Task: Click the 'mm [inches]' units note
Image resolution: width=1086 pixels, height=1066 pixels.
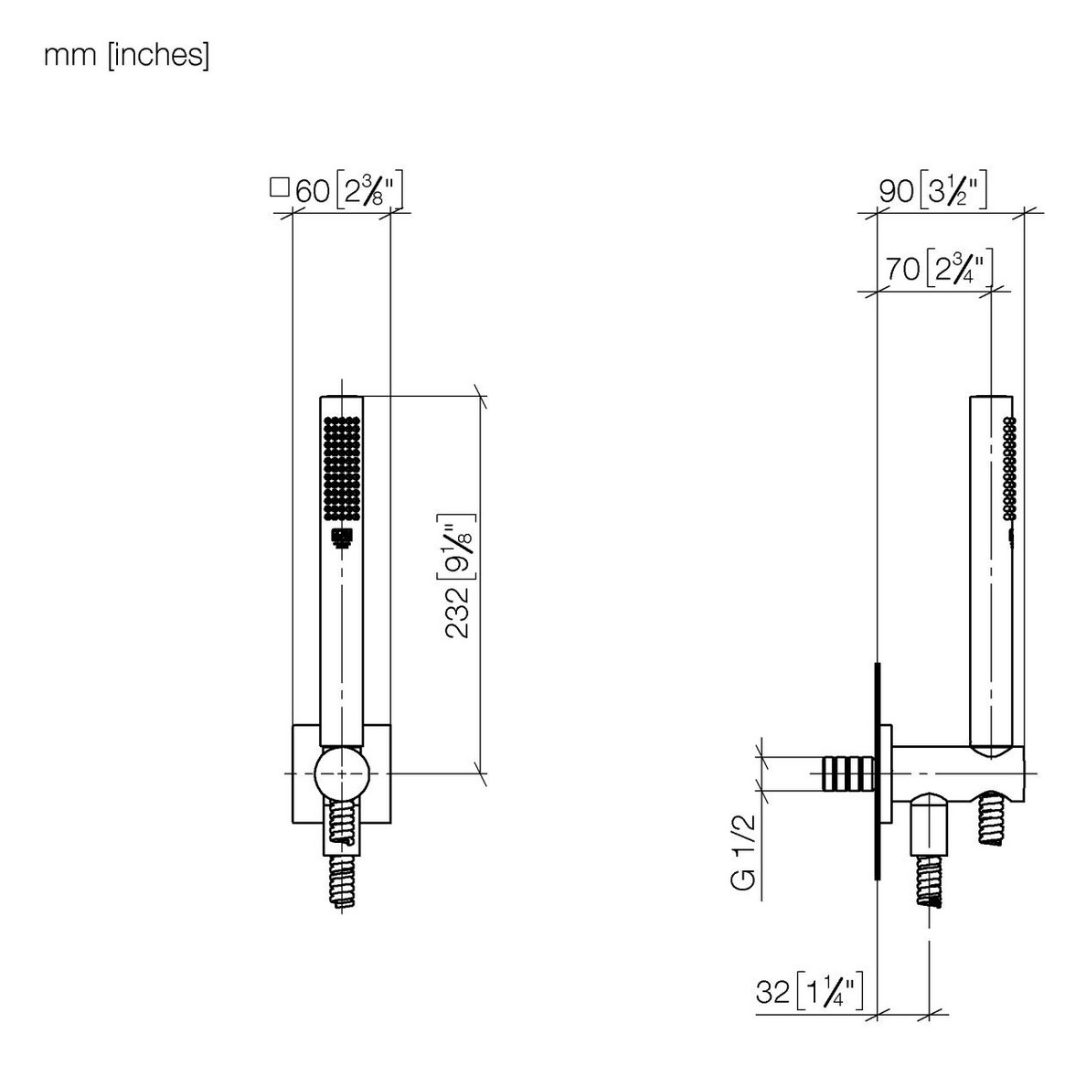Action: [126, 55]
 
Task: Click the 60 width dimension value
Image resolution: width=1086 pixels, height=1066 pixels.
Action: [313, 191]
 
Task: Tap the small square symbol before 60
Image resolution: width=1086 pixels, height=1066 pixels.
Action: [279, 187]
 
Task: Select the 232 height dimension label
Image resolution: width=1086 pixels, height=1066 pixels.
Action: [457, 613]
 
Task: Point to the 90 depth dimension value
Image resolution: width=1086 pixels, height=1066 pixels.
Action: [896, 191]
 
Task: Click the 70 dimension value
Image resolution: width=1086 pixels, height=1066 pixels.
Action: [903, 269]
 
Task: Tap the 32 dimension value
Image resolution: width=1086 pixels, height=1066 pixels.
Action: [773, 992]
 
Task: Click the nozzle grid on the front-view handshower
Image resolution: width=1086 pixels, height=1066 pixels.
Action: [342, 467]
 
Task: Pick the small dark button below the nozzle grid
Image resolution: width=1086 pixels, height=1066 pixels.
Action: [342, 538]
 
